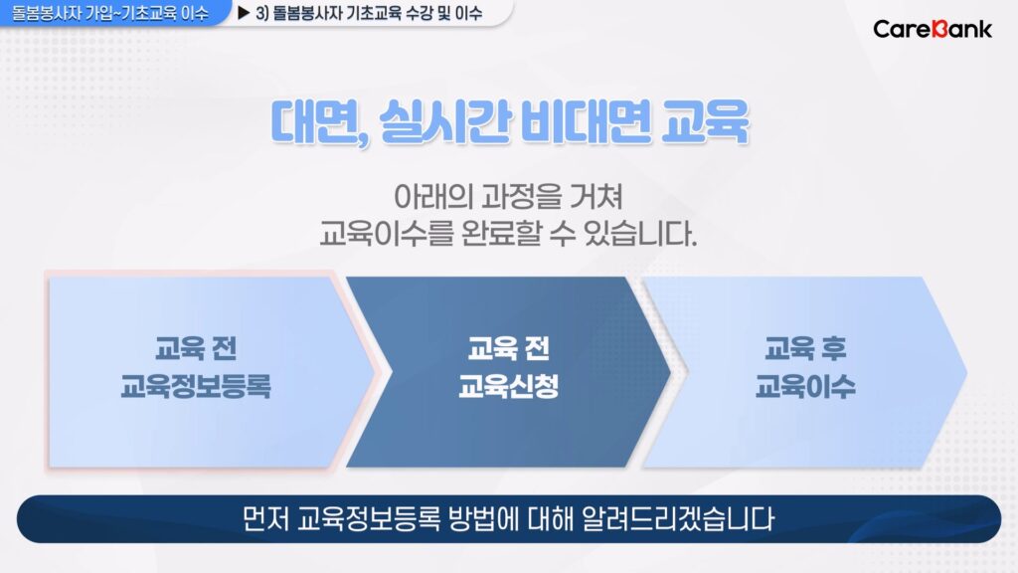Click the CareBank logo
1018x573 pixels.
coord(933,29)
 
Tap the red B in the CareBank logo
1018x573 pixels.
coord(939,29)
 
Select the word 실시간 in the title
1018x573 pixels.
coord(444,121)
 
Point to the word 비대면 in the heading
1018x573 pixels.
coord(586,121)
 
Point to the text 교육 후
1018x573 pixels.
coord(805,348)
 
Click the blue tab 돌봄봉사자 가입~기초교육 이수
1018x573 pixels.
coord(111,13)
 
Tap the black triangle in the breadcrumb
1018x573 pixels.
coord(244,13)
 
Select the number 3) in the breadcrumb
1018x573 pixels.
coord(261,13)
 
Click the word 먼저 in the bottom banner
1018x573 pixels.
coord(264,518)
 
